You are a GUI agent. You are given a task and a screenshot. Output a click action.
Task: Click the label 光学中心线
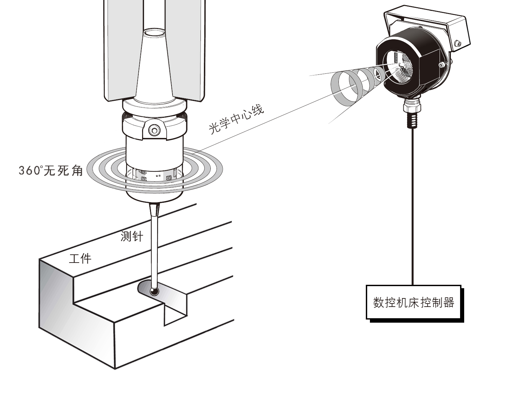pos(236,120)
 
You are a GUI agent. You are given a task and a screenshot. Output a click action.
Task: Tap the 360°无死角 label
pos(51,170)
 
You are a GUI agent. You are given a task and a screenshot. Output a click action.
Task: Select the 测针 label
pos(132,236)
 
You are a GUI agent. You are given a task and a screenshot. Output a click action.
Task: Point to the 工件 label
pos(80,258)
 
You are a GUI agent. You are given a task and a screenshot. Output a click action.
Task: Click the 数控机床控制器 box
pos(414,303)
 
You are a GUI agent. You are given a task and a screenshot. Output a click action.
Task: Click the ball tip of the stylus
pos(154,291)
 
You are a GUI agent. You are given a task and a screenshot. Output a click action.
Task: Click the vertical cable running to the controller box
pos(413,205)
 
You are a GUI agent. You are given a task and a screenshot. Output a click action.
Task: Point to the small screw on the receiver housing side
pos(442,65)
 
